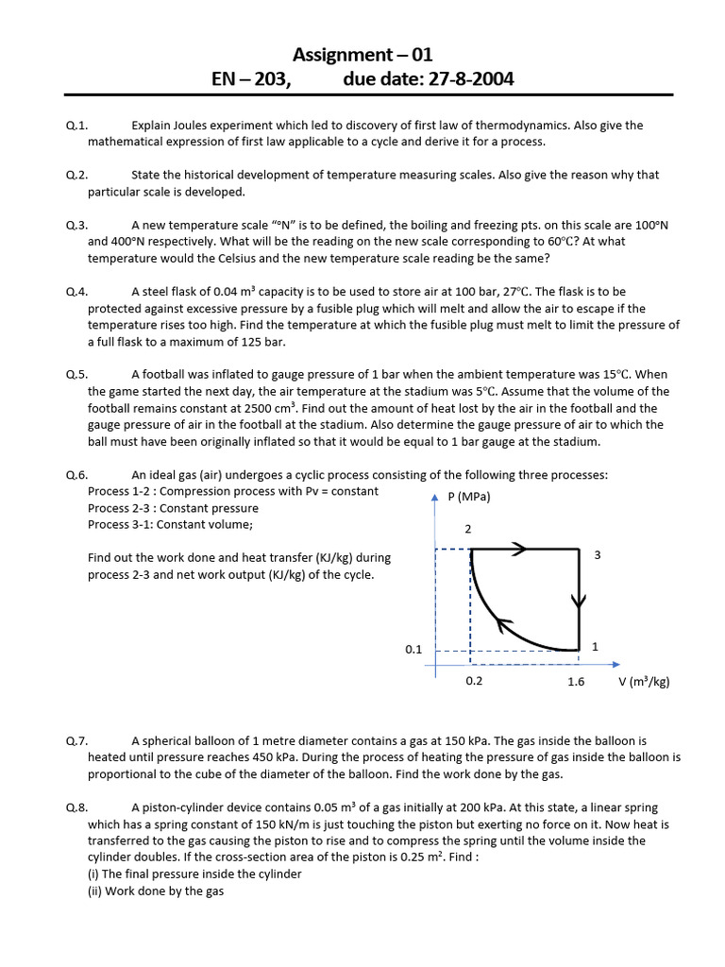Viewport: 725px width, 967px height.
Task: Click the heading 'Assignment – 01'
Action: pyautogui.click(x=362, y=55)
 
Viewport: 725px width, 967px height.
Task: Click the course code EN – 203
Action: pyautogui.click(x=251, y=79)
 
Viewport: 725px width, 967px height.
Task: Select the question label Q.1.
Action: pyautogui.click(x=76, y=126)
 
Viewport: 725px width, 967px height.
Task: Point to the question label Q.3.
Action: pyautogui.click(x=76, y=225)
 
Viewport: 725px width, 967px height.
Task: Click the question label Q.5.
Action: pyautogui.click(x=76, y=374)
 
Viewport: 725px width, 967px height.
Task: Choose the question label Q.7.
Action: pyautogui.click(x=76, y=741)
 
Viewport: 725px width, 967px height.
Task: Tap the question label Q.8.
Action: pyautogui.click(x=76, y=807)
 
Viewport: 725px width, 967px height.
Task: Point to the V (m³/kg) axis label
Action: pyautogui.click(x=644, y=682)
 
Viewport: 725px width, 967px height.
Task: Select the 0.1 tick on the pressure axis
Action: pyautogui.click(x=413, y=650)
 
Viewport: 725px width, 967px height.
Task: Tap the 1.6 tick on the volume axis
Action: pyautogui.click(x=576, y=682)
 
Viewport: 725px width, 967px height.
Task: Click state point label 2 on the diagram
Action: pyautogui.click(x=467, y=529)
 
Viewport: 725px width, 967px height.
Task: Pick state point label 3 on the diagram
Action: pyautogui.click(x=598, y=555)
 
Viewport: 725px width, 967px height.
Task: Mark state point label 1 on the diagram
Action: pyautogui.click(x=595, y=647)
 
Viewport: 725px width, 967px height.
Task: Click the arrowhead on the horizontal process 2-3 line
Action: pyautogui.click(x=518, y=548)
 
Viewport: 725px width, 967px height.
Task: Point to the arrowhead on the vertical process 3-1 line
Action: pyautogui.click(x=579, y=601)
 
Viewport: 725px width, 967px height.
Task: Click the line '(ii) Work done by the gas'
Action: pyautogui.click(x=156, y=891)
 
